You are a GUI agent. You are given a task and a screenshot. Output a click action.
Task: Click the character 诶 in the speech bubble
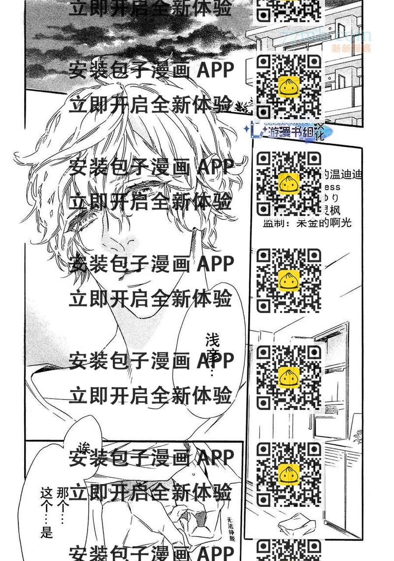84,448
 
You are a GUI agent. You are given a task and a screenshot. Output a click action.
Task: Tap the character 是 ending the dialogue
47,532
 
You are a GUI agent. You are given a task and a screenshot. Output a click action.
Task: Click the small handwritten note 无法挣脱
231,529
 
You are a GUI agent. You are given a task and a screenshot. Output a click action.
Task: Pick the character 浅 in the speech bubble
212,340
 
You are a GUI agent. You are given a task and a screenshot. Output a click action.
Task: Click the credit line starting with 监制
307,223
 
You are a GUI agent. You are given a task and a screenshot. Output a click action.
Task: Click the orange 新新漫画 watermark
351,48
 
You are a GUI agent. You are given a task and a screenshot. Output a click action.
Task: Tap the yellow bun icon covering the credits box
289,184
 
